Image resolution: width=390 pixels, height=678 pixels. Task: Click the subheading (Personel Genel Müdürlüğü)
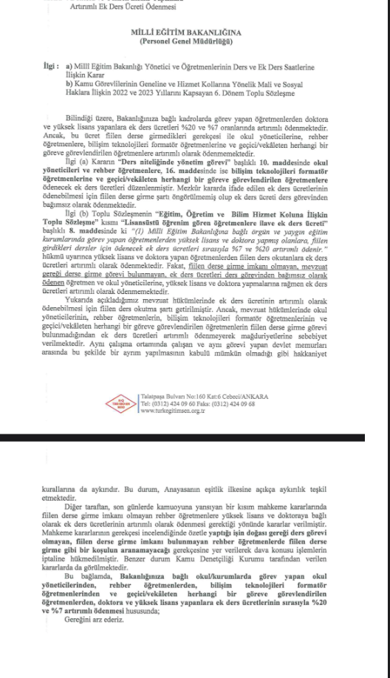[x=194, y=42]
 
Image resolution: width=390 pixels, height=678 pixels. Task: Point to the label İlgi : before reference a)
[x=52, y=65]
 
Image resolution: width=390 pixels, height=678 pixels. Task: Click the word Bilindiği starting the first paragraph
[x=100, y=118]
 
